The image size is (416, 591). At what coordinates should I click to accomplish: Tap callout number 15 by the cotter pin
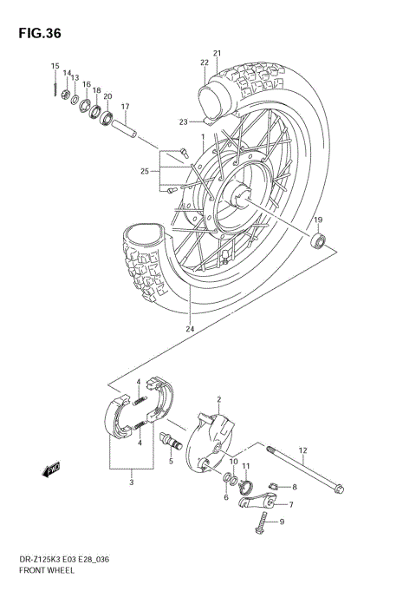[x=55, y=67]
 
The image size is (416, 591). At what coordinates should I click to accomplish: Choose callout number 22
[x=205, y=62]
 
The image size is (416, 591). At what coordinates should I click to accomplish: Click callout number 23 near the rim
[x=184, y=121]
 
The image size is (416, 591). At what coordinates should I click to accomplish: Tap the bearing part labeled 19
[x=320, y=240]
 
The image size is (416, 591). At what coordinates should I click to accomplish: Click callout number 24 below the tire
[x=189, y=329]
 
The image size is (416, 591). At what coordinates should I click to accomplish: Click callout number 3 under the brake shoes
[x=130, y=483]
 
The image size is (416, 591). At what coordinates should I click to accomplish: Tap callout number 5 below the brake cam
[x=171, y=461]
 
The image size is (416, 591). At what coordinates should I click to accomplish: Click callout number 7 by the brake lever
[x=290, y=504]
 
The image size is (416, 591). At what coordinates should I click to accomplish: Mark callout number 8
[x=295, y=488]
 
